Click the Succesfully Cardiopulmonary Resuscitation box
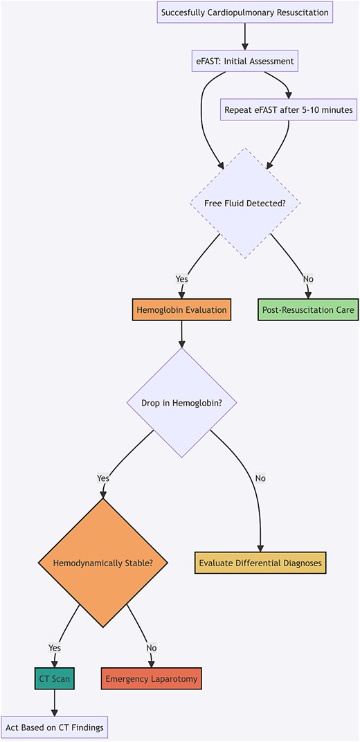[x=244, y=12]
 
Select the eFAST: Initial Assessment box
[x=244, y=61]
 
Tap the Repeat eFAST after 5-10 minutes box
[x=289, y=109]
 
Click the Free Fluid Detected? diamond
[x=244, y=203]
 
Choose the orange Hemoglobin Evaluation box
[x=181, y=309]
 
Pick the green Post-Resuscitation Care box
[x=308, y=309]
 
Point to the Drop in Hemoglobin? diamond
[x=181, y=402]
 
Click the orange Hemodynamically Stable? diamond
[x=103, y=563]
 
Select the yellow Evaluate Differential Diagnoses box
[x=260, y=563]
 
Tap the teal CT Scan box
[x=54, y=679]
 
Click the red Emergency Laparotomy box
[x=152, y=679]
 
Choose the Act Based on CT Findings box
[x=54, y=727]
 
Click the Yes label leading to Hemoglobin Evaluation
[x=181, y=279]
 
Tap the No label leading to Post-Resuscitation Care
[x=308, y=279]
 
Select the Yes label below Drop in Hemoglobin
[x=103, y=478]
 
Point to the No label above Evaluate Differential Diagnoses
[x=260, y=478]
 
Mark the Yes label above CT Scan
[x=54, y=648]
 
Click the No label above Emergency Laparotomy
[x=152, y=648]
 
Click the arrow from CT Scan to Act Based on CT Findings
[x=54, y=703]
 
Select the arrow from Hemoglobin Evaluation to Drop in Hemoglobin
[x=181, y=334]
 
